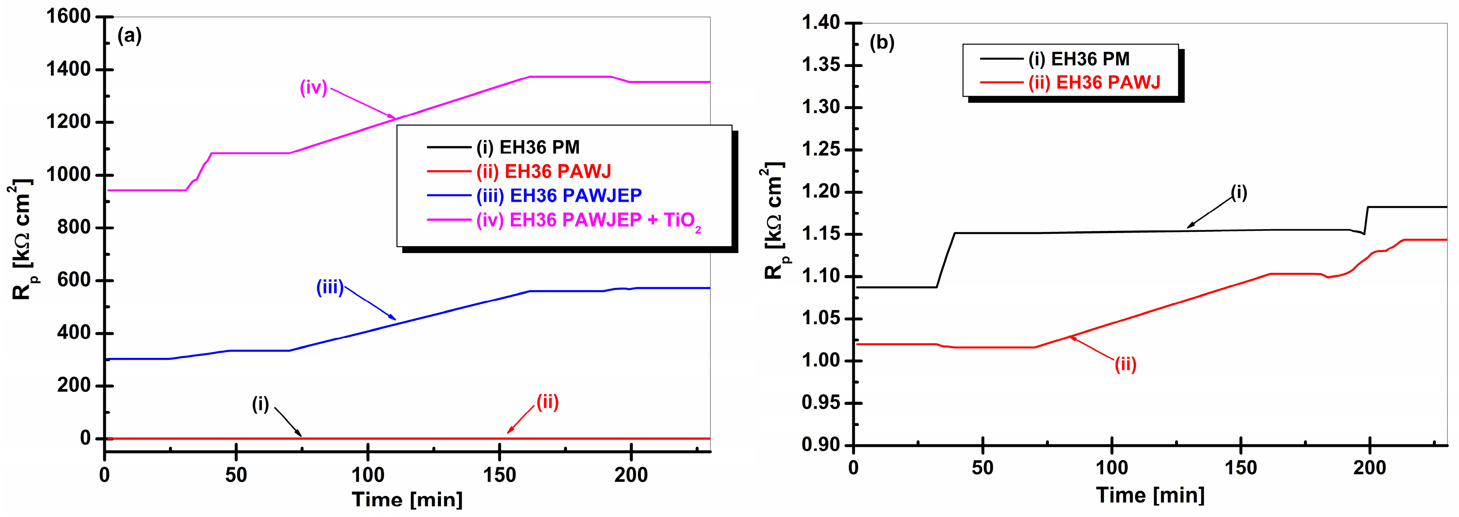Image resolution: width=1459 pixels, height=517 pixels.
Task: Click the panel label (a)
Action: click(x=129, y=37)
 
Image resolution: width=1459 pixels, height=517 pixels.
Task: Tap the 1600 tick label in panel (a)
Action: click(x=68, y=17)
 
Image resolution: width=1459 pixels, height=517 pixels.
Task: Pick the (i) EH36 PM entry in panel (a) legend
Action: click(x=527, y=147)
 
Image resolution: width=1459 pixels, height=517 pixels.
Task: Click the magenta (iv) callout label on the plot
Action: click(x=313, y=88)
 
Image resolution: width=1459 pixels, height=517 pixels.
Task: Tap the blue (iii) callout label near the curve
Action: click(x=329, y=288)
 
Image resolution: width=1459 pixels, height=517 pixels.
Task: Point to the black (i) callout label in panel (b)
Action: click(x=1239, y=193)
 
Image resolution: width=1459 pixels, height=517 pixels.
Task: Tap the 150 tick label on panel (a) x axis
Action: click(x=499, y=475)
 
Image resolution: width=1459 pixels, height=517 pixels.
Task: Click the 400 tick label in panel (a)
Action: click(x=74, y=333)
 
